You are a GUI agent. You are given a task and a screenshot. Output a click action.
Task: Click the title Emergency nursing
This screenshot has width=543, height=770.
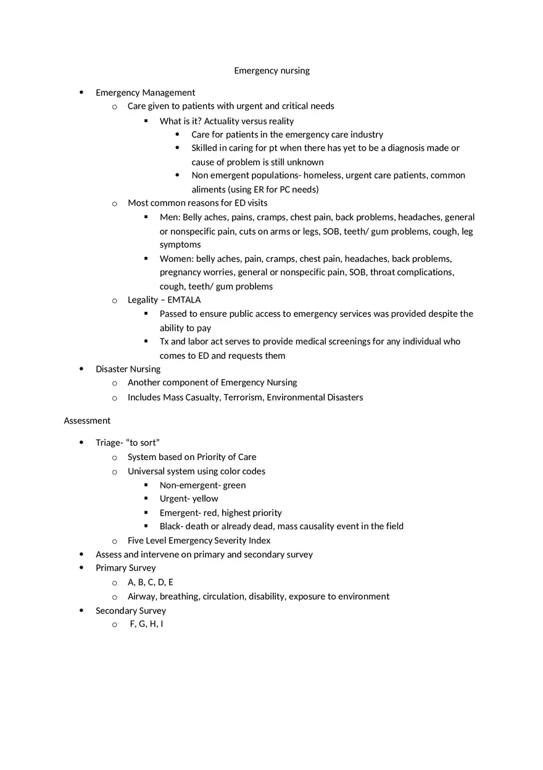pyautogui.click(x=271, y=70)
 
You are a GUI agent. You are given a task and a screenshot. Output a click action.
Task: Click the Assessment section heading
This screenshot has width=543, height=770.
pyautogui.click(x=87, y=421)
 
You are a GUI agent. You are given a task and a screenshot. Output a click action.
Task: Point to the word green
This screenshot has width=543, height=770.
pyautogui.click(x=234, y=485)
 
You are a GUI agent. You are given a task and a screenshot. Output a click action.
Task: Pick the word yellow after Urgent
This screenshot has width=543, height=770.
pyautogui.click(x=205, y=499)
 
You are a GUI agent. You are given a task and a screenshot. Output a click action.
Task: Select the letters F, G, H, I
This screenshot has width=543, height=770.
pyautogui.click(x=146, y=624)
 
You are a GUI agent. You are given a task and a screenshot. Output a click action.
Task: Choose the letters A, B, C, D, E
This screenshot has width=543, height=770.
pyautogui.click(x=151, y=582)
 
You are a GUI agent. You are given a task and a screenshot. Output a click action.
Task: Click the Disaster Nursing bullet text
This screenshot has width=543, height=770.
pyautogui.click(x=128, y=369)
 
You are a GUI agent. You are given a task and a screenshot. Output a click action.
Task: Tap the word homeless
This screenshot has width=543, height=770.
pyautogui.click(x=322, y=175)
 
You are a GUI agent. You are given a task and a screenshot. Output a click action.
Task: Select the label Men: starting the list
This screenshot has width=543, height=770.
pyautogui.click(x=170, y=217)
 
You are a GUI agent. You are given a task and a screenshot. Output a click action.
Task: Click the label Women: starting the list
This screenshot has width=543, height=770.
pyautogui.click(x=176, y=259)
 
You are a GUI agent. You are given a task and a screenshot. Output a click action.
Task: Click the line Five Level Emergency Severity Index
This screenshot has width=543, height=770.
pyautogui.click(x=199, y=541)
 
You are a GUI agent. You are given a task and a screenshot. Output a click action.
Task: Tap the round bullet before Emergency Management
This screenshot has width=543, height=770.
pyautogui.click(x=81, y=93)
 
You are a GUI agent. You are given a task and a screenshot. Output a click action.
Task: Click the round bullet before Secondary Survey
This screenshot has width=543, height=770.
pyautogui.click(x=81, y=611)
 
